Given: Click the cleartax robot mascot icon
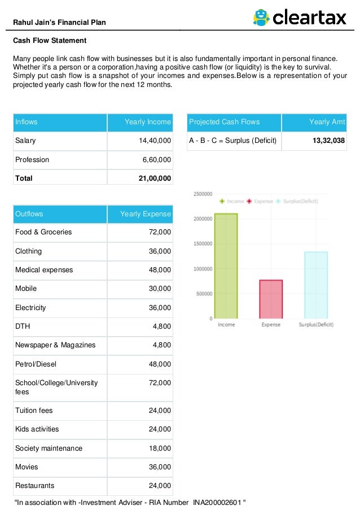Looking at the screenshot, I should [x=261, y=18].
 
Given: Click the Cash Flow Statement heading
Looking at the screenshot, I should [x=50, y=41].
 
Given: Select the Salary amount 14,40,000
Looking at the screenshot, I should [x=155, y=141].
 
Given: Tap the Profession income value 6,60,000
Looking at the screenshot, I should [x=156, y=160].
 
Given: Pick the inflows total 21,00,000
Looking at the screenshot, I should [x=155, y=178].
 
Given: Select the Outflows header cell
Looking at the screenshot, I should [x=29, y=214].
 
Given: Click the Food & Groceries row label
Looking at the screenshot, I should [x=43, y=232].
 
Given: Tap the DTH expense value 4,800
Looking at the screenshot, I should [x=161, y=326].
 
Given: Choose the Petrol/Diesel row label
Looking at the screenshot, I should [x=36, y=364].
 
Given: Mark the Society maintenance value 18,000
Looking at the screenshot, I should [x=160, y=448].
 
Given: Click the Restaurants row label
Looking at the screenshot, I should [x=35, y=486].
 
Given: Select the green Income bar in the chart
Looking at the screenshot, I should [x=226, y=265].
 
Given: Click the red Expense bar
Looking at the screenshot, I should [x=271, y=299].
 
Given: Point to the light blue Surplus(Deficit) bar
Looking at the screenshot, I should [x=315, y=285].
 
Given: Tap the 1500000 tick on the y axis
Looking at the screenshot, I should [x=203, y=244].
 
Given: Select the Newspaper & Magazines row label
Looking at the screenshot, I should [x=55, y=345].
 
